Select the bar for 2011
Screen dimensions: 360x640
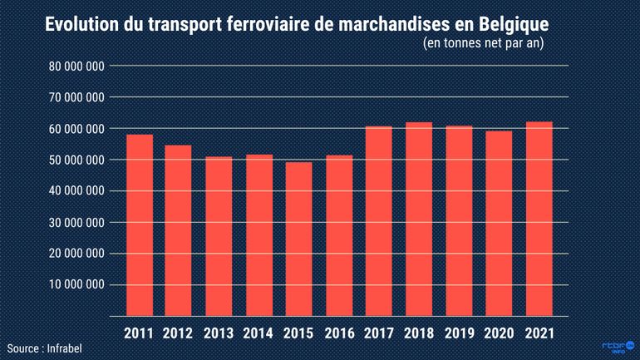139,225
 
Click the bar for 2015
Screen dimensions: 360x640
298,239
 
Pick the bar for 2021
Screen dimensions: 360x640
539,219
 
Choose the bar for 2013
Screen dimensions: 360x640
219,237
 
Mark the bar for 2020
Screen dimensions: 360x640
499,224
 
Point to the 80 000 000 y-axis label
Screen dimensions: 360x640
77,66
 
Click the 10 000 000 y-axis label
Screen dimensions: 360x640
77,284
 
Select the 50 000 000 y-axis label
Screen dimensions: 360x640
77,160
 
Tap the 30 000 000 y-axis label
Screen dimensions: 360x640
77,222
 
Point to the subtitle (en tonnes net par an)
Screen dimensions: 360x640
483,45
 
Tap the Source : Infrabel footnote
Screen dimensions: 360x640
46,348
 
